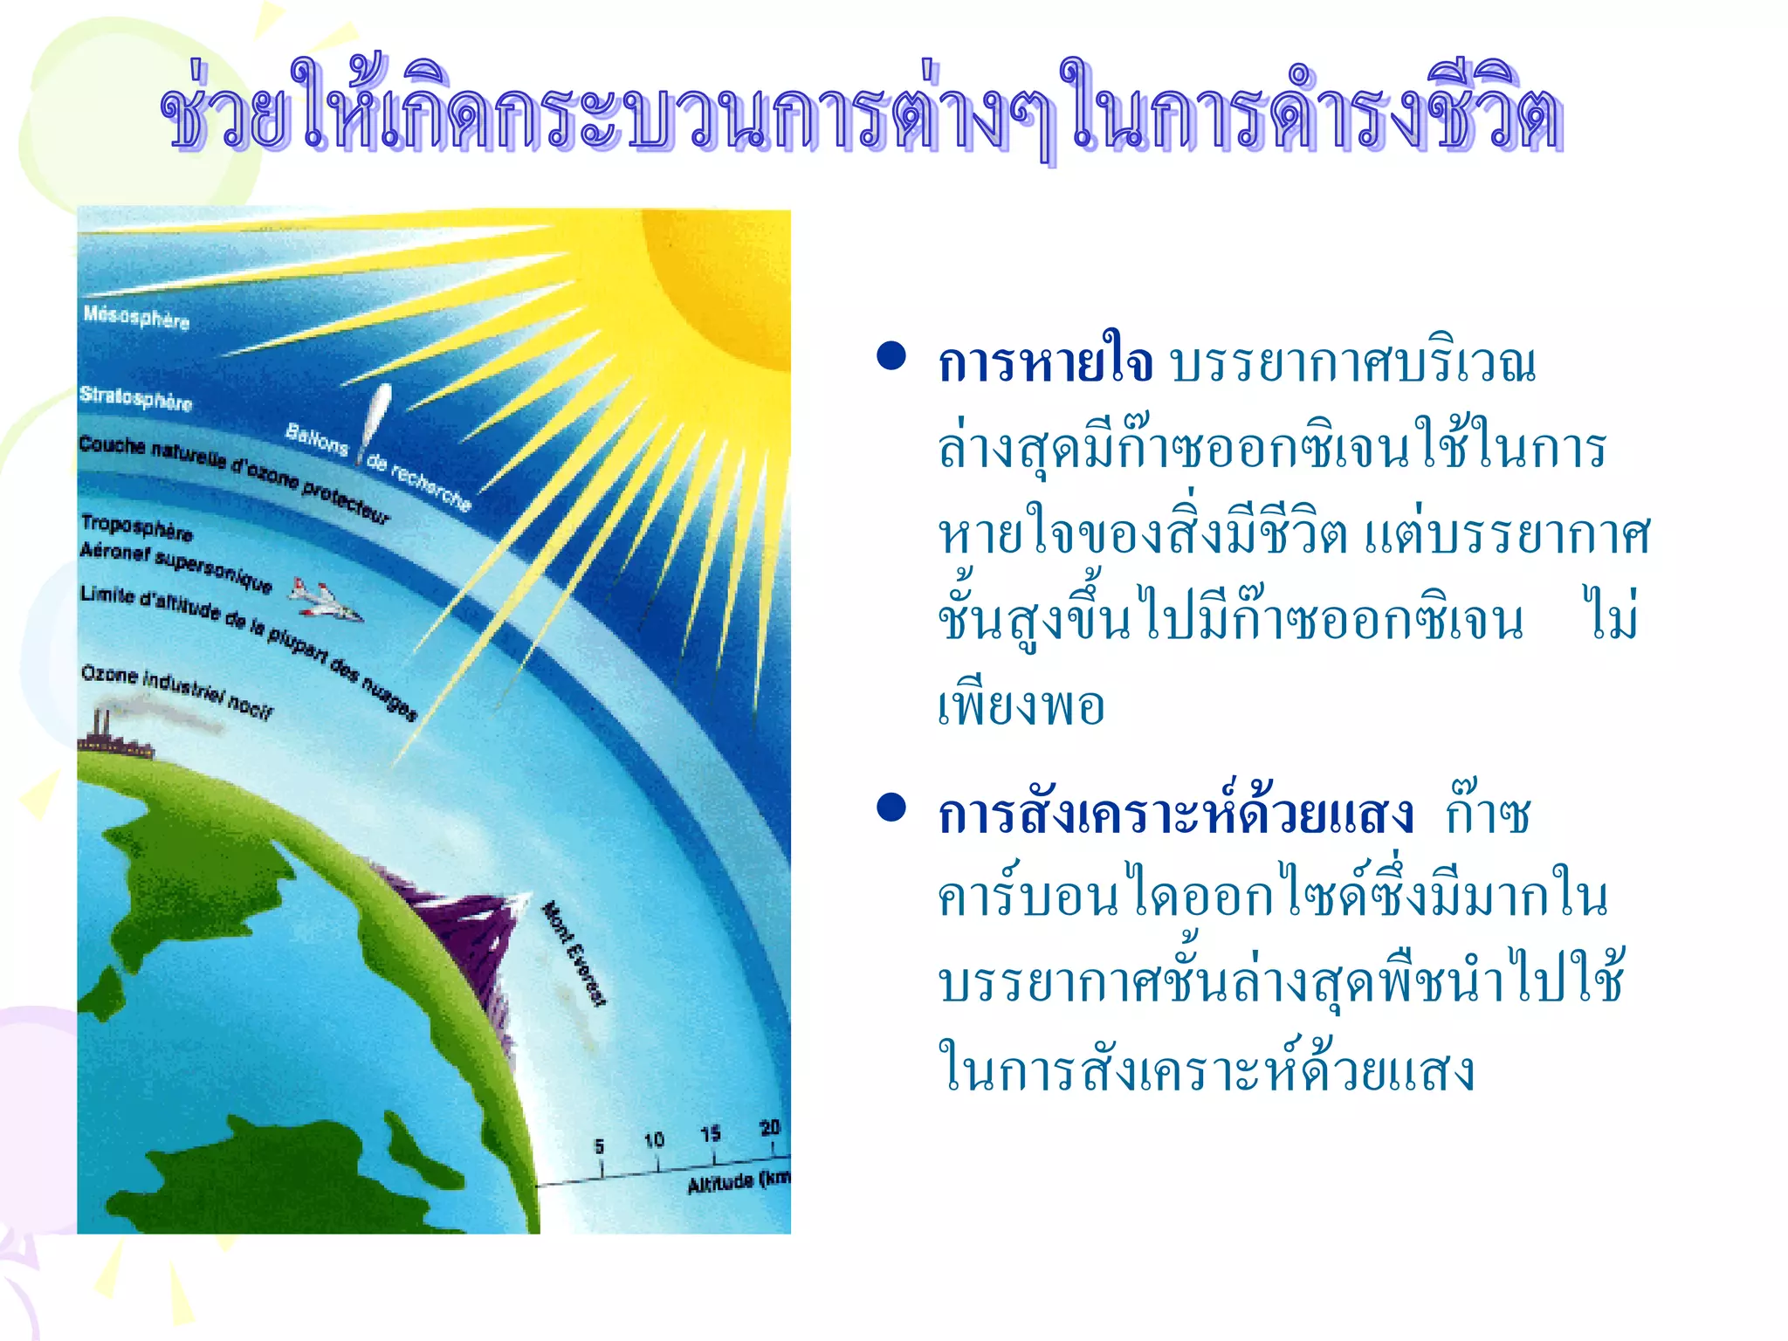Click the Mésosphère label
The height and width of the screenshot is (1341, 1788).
[x=136, y=317]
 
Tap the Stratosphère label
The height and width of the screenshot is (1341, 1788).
[x=135, y=398]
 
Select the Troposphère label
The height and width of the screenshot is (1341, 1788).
[x=136, y=526]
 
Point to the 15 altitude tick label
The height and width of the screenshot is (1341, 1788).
[x=711, y=1133]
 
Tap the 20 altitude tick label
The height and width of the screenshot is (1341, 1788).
[x=769, y=1127]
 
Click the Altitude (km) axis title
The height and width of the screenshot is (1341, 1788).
[x=738, y=1181]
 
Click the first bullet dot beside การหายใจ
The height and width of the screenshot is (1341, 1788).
[x=891, y=357]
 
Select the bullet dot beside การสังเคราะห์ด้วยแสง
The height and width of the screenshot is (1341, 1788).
[x=891, y=808]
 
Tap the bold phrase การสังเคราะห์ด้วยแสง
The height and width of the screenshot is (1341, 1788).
[x=1175, y=814]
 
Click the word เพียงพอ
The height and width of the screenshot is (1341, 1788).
[x=1021, y=705]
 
